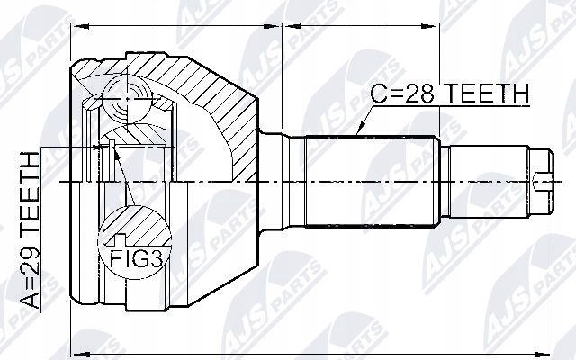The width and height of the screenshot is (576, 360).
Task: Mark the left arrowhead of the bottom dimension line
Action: tap(76, 350)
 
